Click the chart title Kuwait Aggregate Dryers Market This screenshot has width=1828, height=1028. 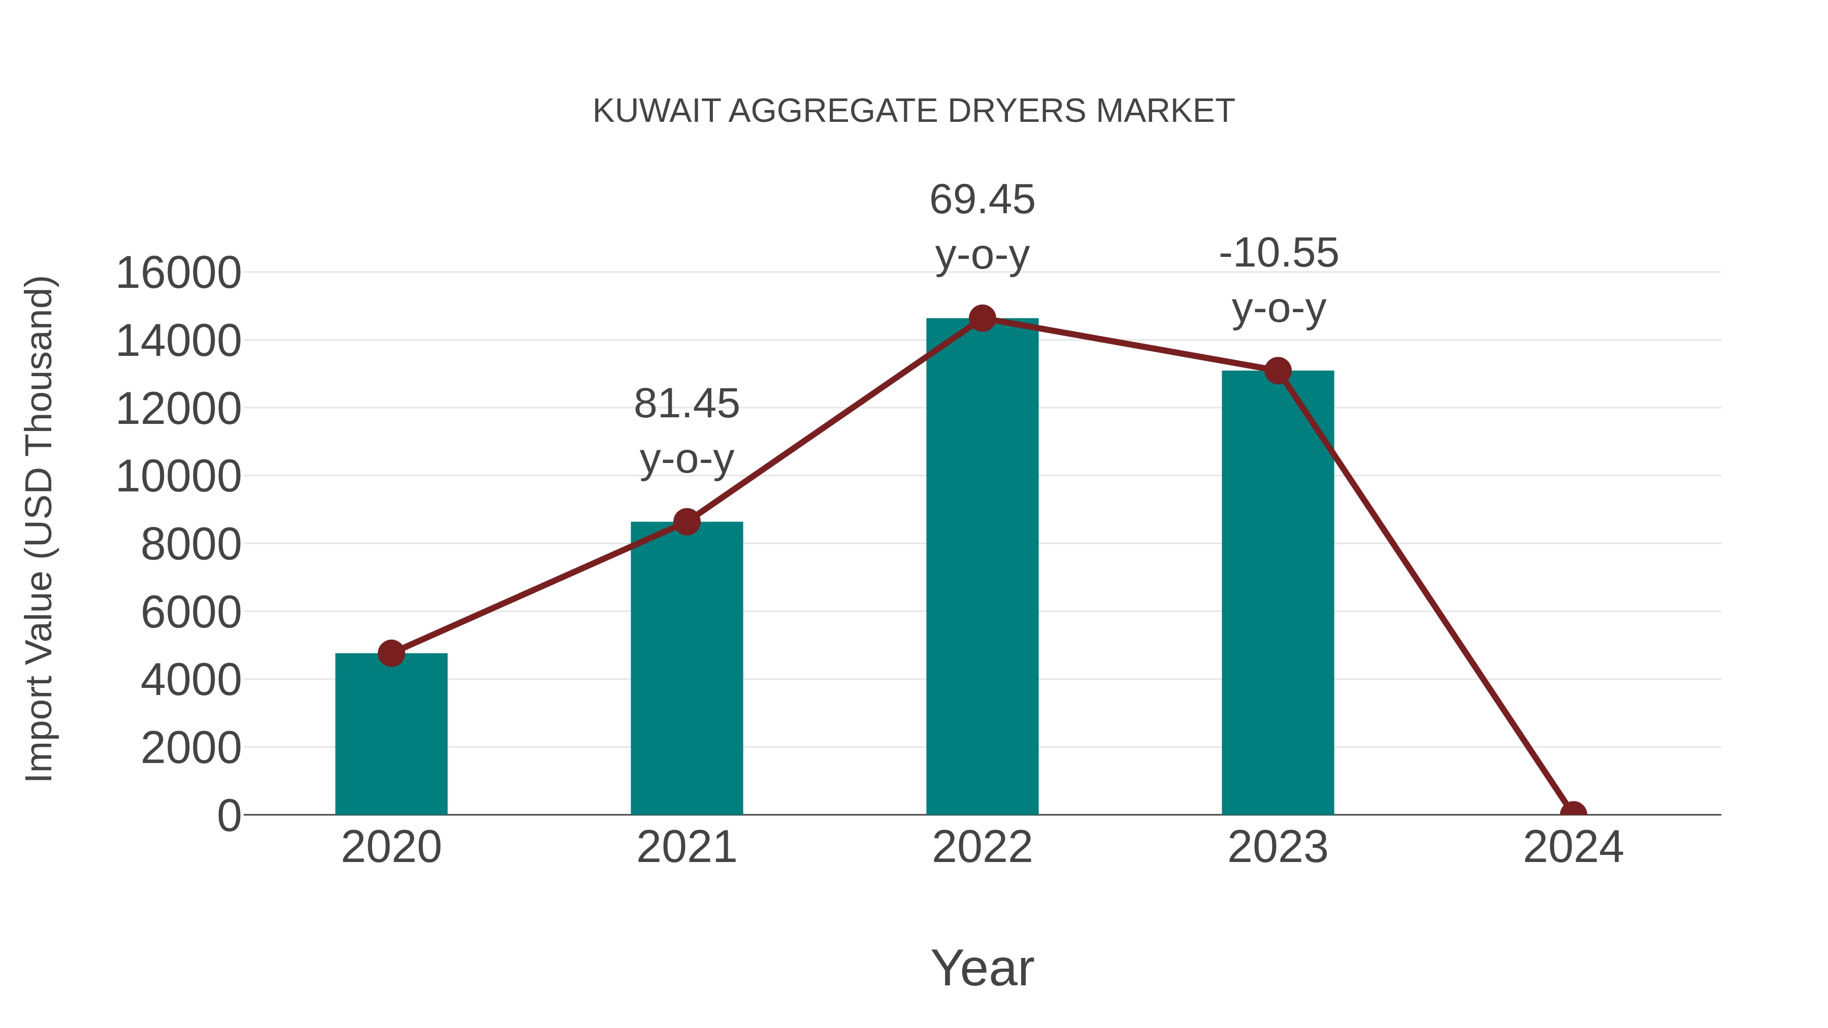click(x=913, y=111)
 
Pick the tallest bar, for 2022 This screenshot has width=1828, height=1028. click(x=982, y=568)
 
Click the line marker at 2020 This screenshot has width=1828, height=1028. click(x=391, y=653)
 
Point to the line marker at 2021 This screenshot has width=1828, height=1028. click(x=686, y=522)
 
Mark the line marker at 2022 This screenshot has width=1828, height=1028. click(x=982, y=318)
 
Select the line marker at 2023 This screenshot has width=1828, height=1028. click(x=1278, y=371)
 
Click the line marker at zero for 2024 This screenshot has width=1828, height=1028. click(x=1573, y=813)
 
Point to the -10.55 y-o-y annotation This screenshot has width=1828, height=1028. click(x=1278, y=280)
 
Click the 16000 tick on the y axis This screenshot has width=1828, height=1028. click(x=178, y=273)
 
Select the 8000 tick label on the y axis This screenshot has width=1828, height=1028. click(x=191, y=545)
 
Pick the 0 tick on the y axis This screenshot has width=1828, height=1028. click(x=228, y=816)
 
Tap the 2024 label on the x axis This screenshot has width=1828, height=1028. click(x=1573, y=847)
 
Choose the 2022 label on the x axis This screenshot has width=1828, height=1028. click(x=982, y=847)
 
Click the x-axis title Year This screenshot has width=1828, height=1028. click(x=982, y=968)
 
